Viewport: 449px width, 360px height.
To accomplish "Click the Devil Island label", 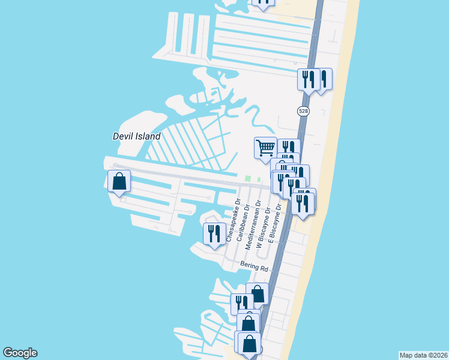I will [137, 136].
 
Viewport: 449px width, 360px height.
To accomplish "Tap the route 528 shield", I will [303, 111].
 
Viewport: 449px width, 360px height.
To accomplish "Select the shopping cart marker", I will [265, 148].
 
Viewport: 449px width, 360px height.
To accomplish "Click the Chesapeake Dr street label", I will [233, 220].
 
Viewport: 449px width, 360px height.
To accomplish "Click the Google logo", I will [20, 353].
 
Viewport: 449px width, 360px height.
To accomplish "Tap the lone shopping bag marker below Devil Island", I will [119, 181].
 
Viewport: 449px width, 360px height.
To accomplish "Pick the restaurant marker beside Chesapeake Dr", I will [214, 233].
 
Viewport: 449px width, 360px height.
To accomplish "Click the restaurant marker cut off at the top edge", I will [264, 2].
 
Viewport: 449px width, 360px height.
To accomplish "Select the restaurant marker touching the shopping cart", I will [289, 148].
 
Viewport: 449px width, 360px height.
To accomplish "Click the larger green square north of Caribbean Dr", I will [248, 178].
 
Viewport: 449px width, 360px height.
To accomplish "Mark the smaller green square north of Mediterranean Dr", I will [259, 179].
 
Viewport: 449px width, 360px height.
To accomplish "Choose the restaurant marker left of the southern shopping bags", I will [241, 303].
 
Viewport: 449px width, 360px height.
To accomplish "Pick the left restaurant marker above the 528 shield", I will [309, 79].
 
